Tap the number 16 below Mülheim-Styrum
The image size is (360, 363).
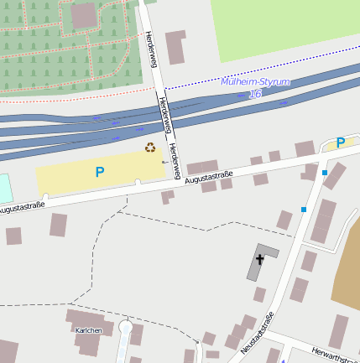[255, 94]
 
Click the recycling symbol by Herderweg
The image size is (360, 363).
[150, 148]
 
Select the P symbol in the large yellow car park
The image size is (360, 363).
[100, 173]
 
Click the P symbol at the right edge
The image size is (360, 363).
[341, 143]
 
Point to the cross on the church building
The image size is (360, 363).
[260, 259]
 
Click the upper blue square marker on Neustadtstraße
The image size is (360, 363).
[325, 173]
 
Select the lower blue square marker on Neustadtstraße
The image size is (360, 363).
[304, 210]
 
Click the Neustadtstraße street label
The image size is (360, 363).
[257, 332]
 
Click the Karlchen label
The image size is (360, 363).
[89, 330]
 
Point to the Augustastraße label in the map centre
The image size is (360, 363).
[208, 177]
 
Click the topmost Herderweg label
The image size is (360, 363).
[150, 49]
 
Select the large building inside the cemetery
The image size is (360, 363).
[83, 15]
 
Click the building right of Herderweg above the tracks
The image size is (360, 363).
[175, 47]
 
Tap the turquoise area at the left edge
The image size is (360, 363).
[5, 188]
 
